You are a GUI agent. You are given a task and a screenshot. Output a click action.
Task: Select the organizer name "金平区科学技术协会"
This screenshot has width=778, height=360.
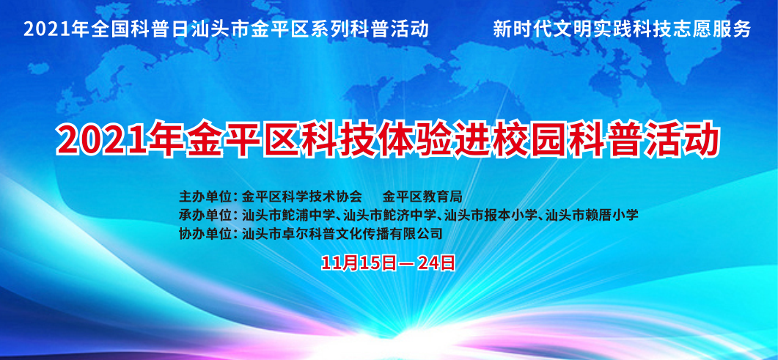coord(301,196)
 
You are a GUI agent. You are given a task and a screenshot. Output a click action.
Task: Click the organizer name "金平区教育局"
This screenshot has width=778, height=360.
coord(423,196)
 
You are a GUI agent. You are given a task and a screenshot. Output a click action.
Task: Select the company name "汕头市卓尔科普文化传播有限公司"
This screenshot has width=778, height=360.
coord(342,234)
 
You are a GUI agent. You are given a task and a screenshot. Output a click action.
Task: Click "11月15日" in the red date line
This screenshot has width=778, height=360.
coord(359,262)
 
